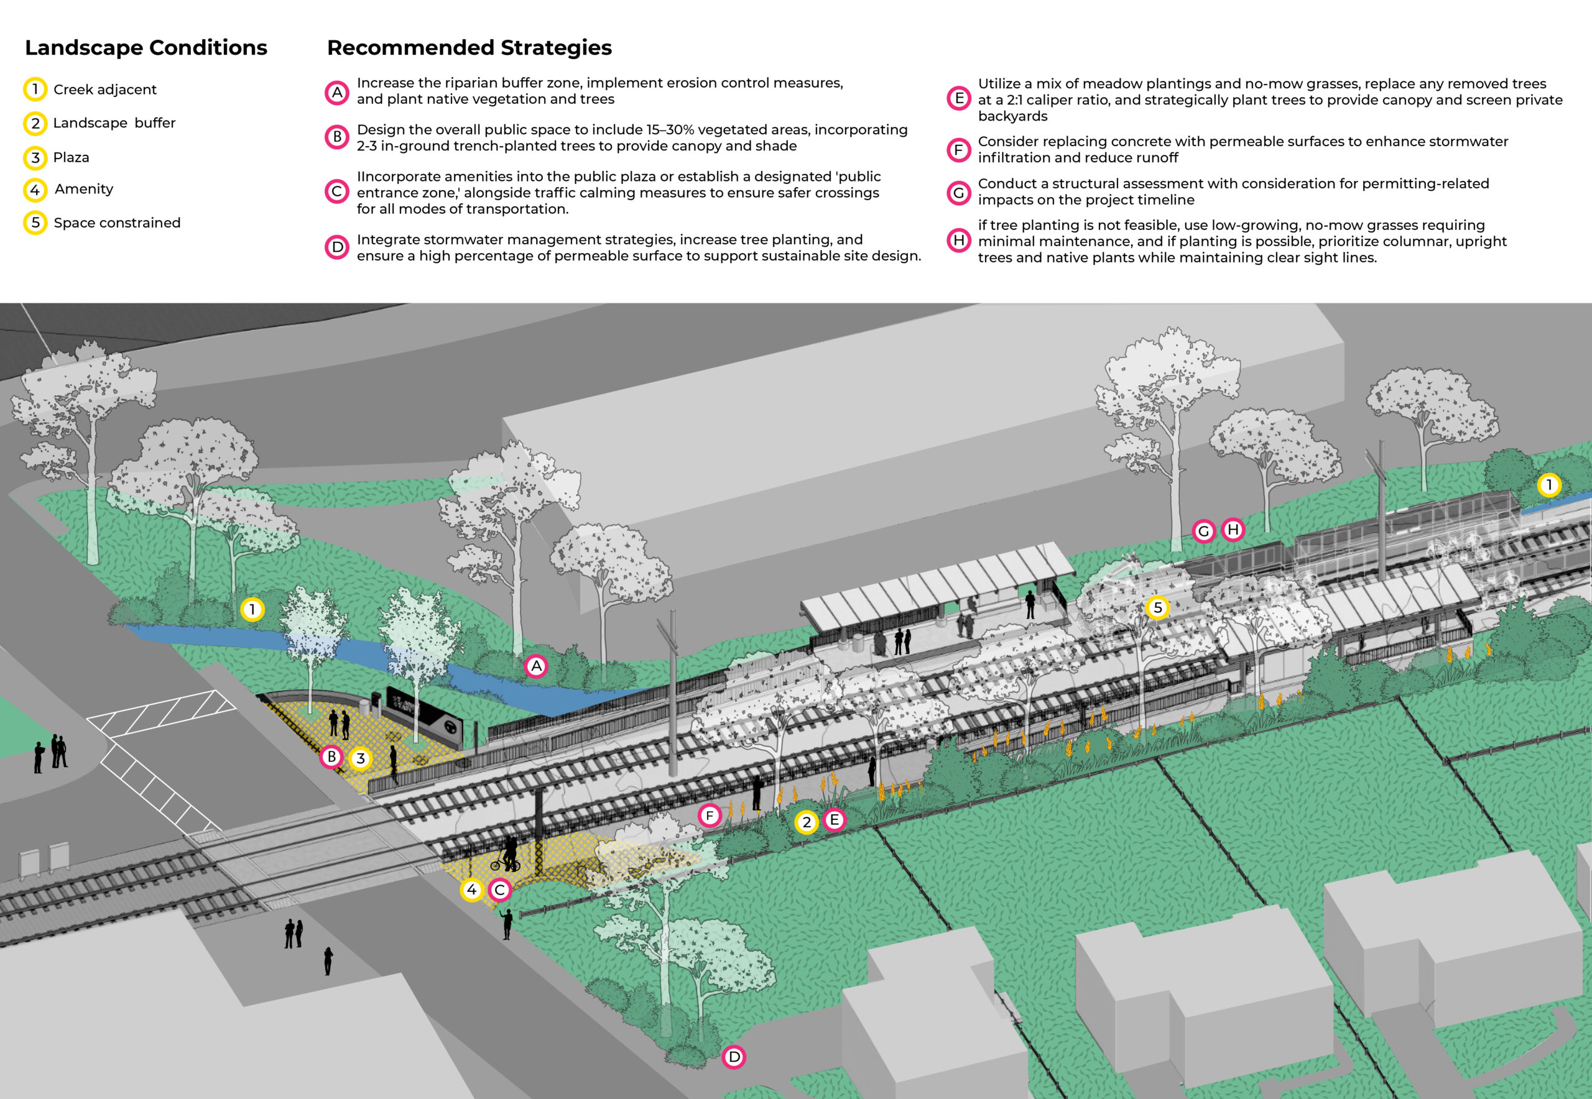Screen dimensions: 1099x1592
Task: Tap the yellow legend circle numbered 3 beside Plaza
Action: coord(35,158)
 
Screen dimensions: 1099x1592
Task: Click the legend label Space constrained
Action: coord(116,223)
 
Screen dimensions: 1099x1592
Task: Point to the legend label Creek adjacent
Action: coord(104,90)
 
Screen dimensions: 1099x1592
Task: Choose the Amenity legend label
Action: coord(83,190)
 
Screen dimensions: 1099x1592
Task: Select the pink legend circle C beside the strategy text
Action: coord(337,191)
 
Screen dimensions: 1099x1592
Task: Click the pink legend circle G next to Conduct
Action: coord(958,193)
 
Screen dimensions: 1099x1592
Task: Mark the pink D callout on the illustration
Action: coord(734,1056)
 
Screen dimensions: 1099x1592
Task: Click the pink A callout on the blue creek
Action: coord(536,666)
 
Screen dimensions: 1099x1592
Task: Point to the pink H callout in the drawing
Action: coord(1233,530)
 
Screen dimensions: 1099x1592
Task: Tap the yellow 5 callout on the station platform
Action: coord(1157,607)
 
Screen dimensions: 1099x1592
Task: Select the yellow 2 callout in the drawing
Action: coord(806,822)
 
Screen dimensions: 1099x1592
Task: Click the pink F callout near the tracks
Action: coord(709,816)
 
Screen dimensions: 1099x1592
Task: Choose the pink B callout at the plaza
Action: coord(331,756)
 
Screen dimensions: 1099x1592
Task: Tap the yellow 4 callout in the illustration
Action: coord(471,890)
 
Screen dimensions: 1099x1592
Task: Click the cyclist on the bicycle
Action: coord(507,856)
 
